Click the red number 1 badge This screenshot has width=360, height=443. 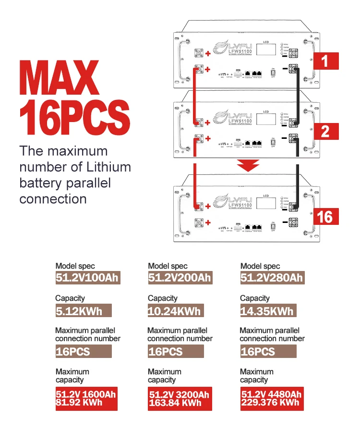pyautogui.click(x=325, y=61)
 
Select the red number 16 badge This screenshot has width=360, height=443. pyautogui.click(x=325, y=217)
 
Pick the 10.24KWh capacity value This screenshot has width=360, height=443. pyautogui.click(x=174, y=310)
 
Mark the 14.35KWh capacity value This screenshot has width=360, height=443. pyautogui.click(x=267, y=310)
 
